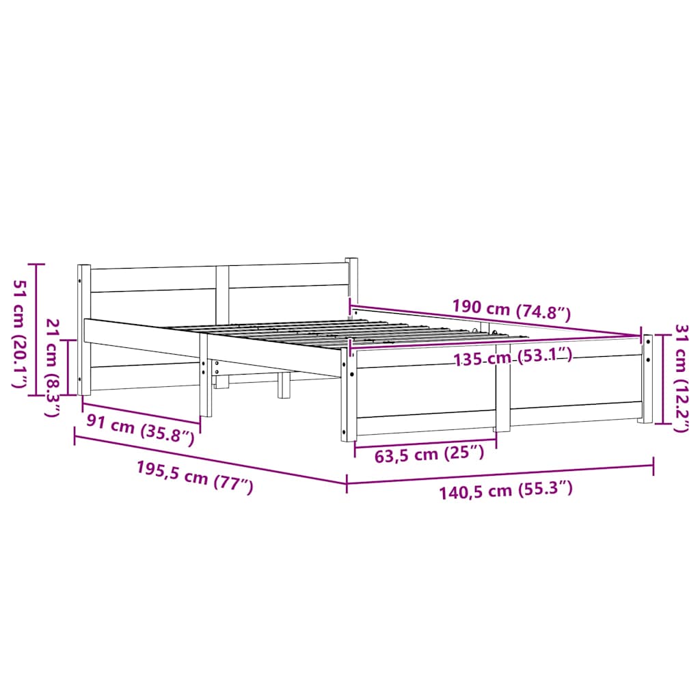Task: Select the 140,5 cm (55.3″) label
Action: (x=507, y=489)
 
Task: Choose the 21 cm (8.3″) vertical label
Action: (x=52, y=368)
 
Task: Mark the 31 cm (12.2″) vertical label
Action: (x=681, y=379)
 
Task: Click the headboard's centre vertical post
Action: (x=222, y=289)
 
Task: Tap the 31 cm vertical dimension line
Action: (x=662, y=379)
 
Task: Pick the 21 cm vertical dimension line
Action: (x=68, y=368)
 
